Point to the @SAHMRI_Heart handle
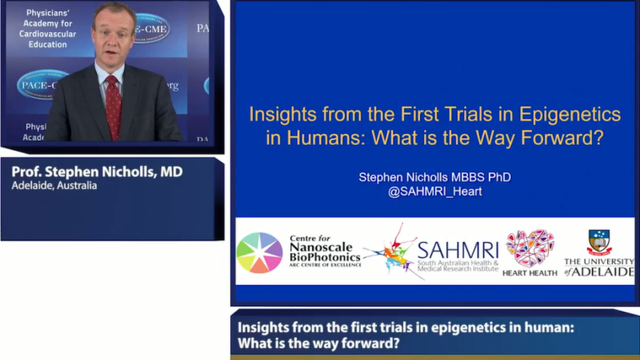(x=435, y=191)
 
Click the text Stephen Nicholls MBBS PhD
(x=435, y=177)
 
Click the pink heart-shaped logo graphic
(x=530, y=248)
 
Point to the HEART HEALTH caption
(x=530, y=273)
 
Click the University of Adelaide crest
(x=600, y=242)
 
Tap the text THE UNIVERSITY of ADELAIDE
(x=599, y=267)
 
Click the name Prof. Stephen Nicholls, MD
(x=97, y=172)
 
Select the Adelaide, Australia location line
(x=54, y=186)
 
